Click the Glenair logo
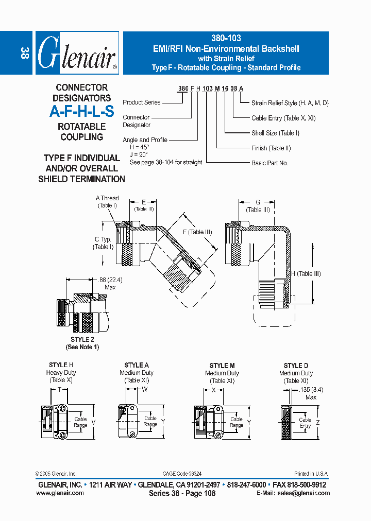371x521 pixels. point(77,54)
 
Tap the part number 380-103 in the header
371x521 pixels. point(226,38)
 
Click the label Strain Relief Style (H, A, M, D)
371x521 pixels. point(290,103)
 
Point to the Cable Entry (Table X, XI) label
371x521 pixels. point(283,118)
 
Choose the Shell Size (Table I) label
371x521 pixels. point(275,133)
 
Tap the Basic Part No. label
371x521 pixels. point(269,163)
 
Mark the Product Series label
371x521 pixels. point(142,102)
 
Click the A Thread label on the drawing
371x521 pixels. point(107,198)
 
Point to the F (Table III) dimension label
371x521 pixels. point(197,232)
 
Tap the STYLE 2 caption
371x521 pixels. point(82,340)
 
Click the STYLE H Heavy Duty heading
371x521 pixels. point(61,369)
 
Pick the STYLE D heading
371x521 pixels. point(296,366)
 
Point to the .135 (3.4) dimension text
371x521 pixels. point(311,391)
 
